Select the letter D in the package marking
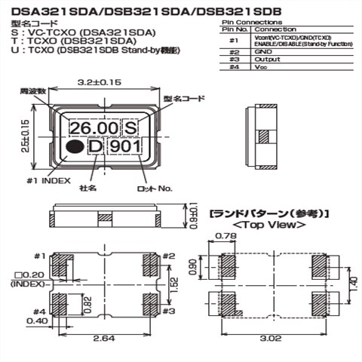point(96,147)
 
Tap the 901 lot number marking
point(124,147)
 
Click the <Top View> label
point(268,225)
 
